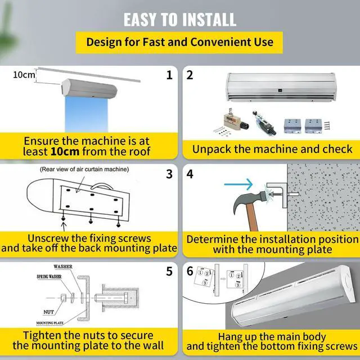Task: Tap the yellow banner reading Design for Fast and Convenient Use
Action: coord(179,42)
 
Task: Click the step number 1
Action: coord(169,75)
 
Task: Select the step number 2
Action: coord(190,75)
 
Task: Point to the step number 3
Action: coord(169,174)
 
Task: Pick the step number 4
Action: coord(190,174)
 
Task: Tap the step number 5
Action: coord(169,272)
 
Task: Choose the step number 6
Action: coord(190,272)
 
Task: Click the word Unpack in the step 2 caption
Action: coord(210,149)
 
